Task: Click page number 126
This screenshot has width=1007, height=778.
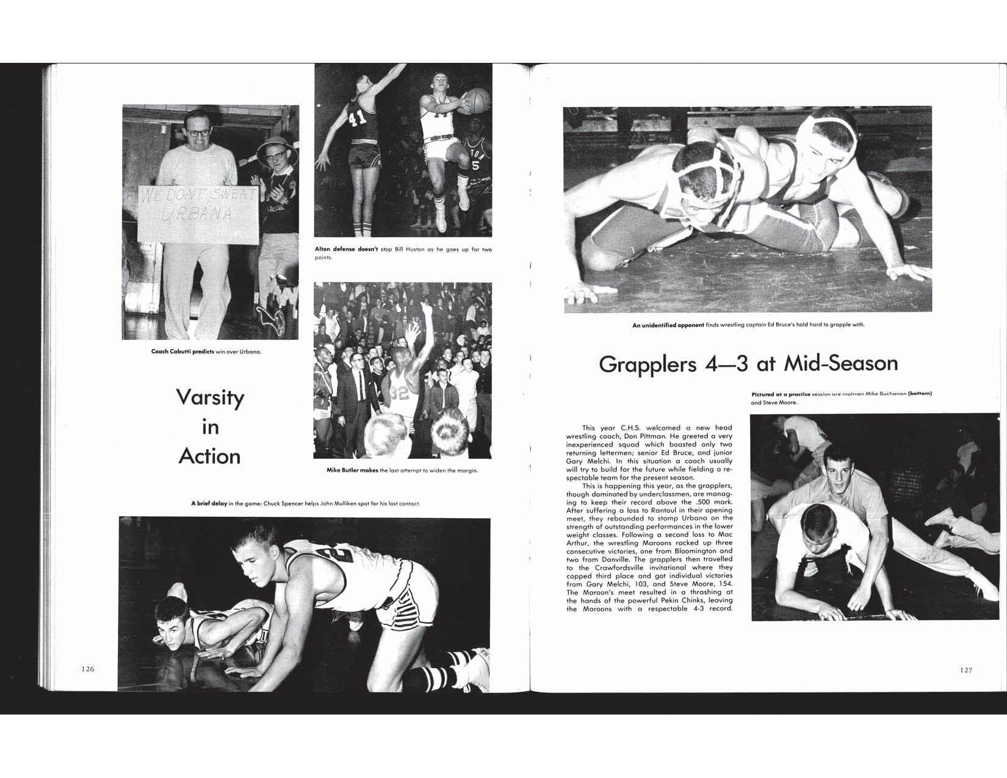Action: (88, 669)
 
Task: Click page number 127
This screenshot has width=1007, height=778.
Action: (965, 670)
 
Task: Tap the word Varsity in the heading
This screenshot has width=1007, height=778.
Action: (210, 398)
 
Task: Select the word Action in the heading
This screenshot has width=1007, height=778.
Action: (210, 456)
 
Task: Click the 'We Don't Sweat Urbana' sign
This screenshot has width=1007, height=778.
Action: (199, 213)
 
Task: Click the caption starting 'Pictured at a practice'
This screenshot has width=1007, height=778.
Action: (780, 394)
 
